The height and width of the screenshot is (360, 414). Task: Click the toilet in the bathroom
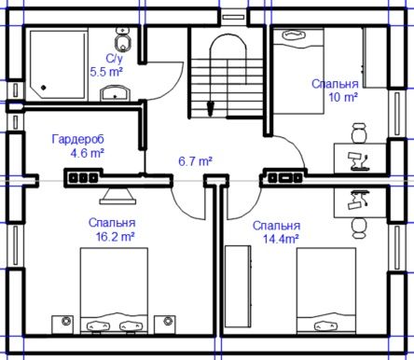coord(123,39)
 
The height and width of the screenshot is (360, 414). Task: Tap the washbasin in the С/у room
coord(115,93)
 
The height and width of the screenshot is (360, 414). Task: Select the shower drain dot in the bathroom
coord(44,88)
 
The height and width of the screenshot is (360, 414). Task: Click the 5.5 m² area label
coord(106,72)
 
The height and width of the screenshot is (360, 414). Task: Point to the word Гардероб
coord(78,139)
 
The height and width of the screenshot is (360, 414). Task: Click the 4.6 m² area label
coord(87,153)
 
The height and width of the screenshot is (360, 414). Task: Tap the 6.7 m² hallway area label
coord(195,161)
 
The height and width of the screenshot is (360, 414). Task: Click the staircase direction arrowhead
coord(211,108)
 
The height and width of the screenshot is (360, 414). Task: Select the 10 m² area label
coord(343,97)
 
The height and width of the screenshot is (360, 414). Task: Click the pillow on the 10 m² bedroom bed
coord(294,35)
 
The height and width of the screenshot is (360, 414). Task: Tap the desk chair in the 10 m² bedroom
coord(359,132)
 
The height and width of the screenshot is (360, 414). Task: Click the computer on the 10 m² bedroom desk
coord(359,161)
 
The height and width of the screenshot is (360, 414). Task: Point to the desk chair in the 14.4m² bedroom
coord(359,228)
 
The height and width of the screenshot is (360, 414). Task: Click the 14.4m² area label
coord(281,240)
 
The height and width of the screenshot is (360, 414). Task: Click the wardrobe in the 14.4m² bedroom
coord(238,286)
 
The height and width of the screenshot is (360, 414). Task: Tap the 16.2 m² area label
coord(115,237)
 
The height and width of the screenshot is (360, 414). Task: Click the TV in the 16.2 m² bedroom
coord(117,196)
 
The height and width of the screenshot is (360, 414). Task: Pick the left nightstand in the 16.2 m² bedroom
coord(62,325)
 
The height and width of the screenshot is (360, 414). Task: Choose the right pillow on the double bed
coord(131,326)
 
